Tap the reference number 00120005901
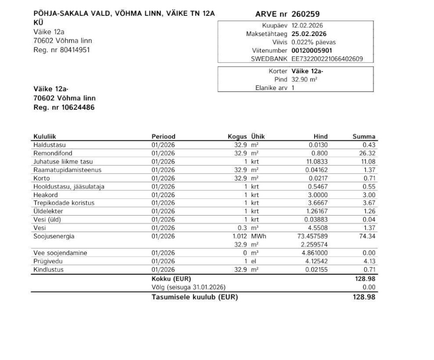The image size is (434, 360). (311, 50)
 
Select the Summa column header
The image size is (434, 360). (364, 137)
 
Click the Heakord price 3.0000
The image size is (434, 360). (318, 194)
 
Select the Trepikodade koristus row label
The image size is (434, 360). (64, 203)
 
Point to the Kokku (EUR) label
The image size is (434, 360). (168, 279)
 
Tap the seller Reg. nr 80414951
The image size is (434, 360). (62, 50)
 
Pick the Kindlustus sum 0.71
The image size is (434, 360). (369, 270)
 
